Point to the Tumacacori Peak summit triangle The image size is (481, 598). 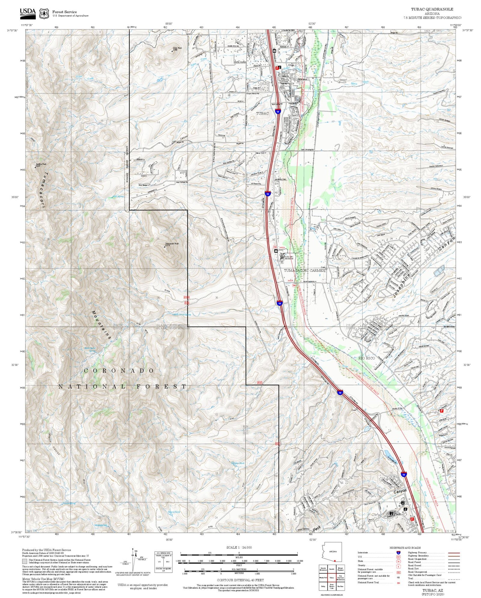pyautogui.click(x=165, y=247)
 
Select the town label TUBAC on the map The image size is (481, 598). pyautogui.click(x=262, y=113)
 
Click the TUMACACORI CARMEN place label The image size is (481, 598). pyautogui.click(x=304, y=270)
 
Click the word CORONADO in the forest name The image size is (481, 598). pyautogui.click(x=119, y=371)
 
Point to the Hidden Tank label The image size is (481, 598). pyautogui.click(x=238, y=463)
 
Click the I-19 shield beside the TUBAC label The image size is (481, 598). pyautogui.click(x=278, y=111)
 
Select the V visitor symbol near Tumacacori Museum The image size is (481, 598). pyautogui.click(x=282, y=262)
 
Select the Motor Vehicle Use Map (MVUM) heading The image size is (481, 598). pyautogui.click(x=40, y=578)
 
